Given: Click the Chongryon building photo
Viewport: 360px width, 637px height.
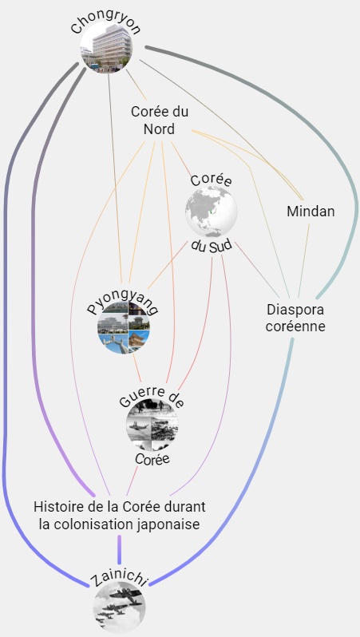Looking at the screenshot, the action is (106, 48).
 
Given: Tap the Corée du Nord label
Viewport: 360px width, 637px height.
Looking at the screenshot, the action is (160, 121).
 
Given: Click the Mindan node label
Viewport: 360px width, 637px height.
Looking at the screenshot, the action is (311, 212).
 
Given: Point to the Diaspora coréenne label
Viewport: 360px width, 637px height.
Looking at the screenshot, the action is (295, 318).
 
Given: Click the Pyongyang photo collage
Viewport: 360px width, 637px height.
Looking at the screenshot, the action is (124, 327).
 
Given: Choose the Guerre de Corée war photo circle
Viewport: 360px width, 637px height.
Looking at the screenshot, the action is (152, 425).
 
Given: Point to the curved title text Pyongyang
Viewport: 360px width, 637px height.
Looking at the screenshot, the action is (123, 306).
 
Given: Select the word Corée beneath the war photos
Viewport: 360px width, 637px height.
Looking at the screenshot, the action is (152, 459).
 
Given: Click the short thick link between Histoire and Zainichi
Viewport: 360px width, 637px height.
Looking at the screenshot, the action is (120, 548).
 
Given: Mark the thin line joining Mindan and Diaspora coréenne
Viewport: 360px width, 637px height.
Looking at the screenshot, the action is (304, 261).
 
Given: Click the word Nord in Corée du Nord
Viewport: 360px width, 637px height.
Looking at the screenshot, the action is (160, 129).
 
